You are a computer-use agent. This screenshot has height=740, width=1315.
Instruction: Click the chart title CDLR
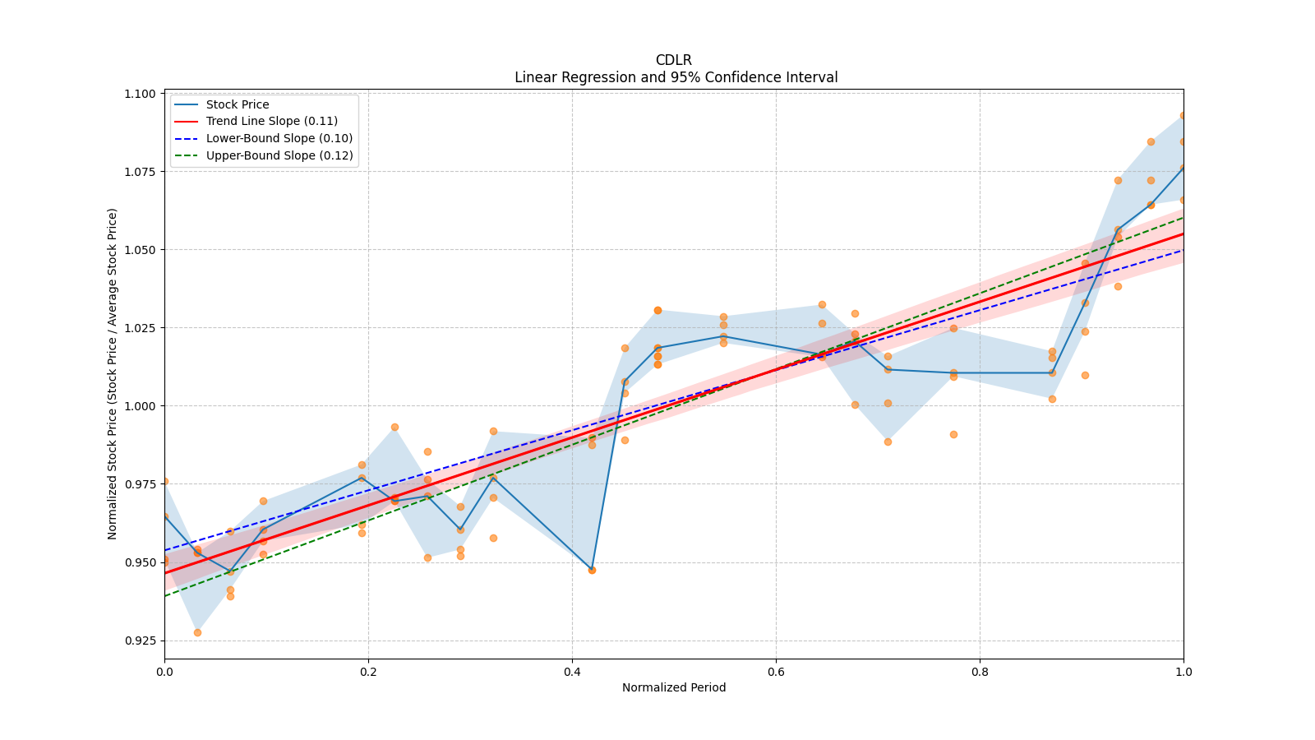tap(673, 60)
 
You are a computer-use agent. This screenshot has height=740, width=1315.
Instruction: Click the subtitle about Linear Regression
tap(676, 77)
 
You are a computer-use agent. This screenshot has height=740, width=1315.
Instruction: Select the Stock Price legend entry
tap(238, 104)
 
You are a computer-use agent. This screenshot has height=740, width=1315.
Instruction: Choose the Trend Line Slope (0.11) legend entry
tap(271, 121)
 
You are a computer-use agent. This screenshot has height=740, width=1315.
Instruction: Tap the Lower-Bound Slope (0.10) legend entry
tap(279, 138)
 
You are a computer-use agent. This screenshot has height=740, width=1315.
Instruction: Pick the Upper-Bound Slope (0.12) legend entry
tap(279, 155)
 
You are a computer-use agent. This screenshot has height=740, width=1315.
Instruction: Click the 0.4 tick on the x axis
tap(572, 672)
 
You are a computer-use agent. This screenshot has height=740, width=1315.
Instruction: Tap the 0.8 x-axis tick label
tap(980, 672)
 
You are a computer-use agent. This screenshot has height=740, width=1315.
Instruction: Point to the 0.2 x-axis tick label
tap(368, 672)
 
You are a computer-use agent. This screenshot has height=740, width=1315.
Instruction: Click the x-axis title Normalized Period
tap(674, 687)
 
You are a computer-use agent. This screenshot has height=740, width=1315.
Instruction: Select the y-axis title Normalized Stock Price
tap(113, 373)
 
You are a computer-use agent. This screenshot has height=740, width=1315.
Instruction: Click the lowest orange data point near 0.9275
tap(197, 632)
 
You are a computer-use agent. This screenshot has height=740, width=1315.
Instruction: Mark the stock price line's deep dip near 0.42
tap(592, 569)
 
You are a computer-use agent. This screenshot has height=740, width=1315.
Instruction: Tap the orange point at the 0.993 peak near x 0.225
tap(394, 427)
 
